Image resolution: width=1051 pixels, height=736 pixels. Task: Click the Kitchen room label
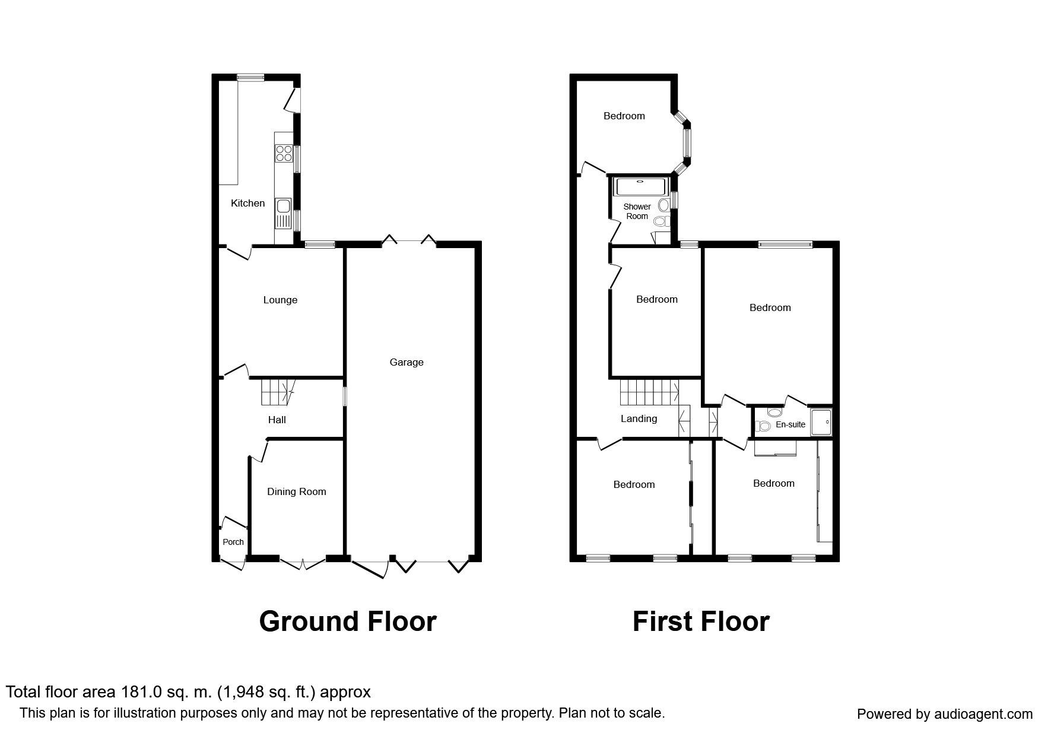[247, 203]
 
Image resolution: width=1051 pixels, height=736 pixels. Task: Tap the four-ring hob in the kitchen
[284, 153]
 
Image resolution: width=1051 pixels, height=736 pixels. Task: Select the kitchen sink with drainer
[284, 214]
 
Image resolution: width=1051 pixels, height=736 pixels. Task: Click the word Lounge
[280, 300]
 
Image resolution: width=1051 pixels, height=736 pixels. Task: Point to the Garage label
[407, 362]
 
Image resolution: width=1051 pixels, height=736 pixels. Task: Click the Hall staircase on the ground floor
[277, 392]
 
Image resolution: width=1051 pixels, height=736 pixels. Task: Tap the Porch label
[233, 542]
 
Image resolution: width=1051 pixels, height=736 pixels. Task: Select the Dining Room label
[296, 491]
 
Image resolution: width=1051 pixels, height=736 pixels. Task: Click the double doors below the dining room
[303, 563]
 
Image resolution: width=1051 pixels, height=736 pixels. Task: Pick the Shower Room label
[637, 211]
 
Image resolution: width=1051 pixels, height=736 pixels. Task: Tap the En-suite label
[790, 424]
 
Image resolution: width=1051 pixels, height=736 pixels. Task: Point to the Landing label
[639, 418]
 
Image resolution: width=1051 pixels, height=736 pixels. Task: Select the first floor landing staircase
[649, 392]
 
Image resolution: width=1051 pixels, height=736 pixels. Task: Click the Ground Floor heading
[348, 621]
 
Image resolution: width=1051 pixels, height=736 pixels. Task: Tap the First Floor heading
[701, 621]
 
